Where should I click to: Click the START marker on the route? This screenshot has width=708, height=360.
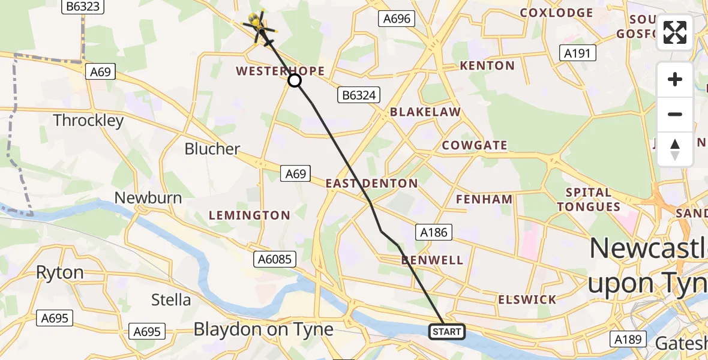[446, 332]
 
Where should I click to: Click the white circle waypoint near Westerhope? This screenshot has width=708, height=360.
[295, 80]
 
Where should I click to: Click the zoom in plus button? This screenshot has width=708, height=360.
[675, 80]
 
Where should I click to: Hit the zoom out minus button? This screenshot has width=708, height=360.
[675, 114]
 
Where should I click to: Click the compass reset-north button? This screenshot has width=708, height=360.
[675, 149]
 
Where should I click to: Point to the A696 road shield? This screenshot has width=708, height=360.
[397, 19]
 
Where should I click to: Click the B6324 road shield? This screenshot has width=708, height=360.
[359, 95]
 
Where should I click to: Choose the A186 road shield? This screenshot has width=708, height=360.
[434, 232]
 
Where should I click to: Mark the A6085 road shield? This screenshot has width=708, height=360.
[274, 259]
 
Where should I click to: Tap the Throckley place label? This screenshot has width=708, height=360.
[88, 121]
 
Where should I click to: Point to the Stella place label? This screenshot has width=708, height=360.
[171, 299]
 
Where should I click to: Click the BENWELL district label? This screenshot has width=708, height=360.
[433, 260]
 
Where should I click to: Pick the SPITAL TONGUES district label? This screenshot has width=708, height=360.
[588, 200]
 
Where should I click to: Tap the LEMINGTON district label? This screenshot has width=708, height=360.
[249, 215]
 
